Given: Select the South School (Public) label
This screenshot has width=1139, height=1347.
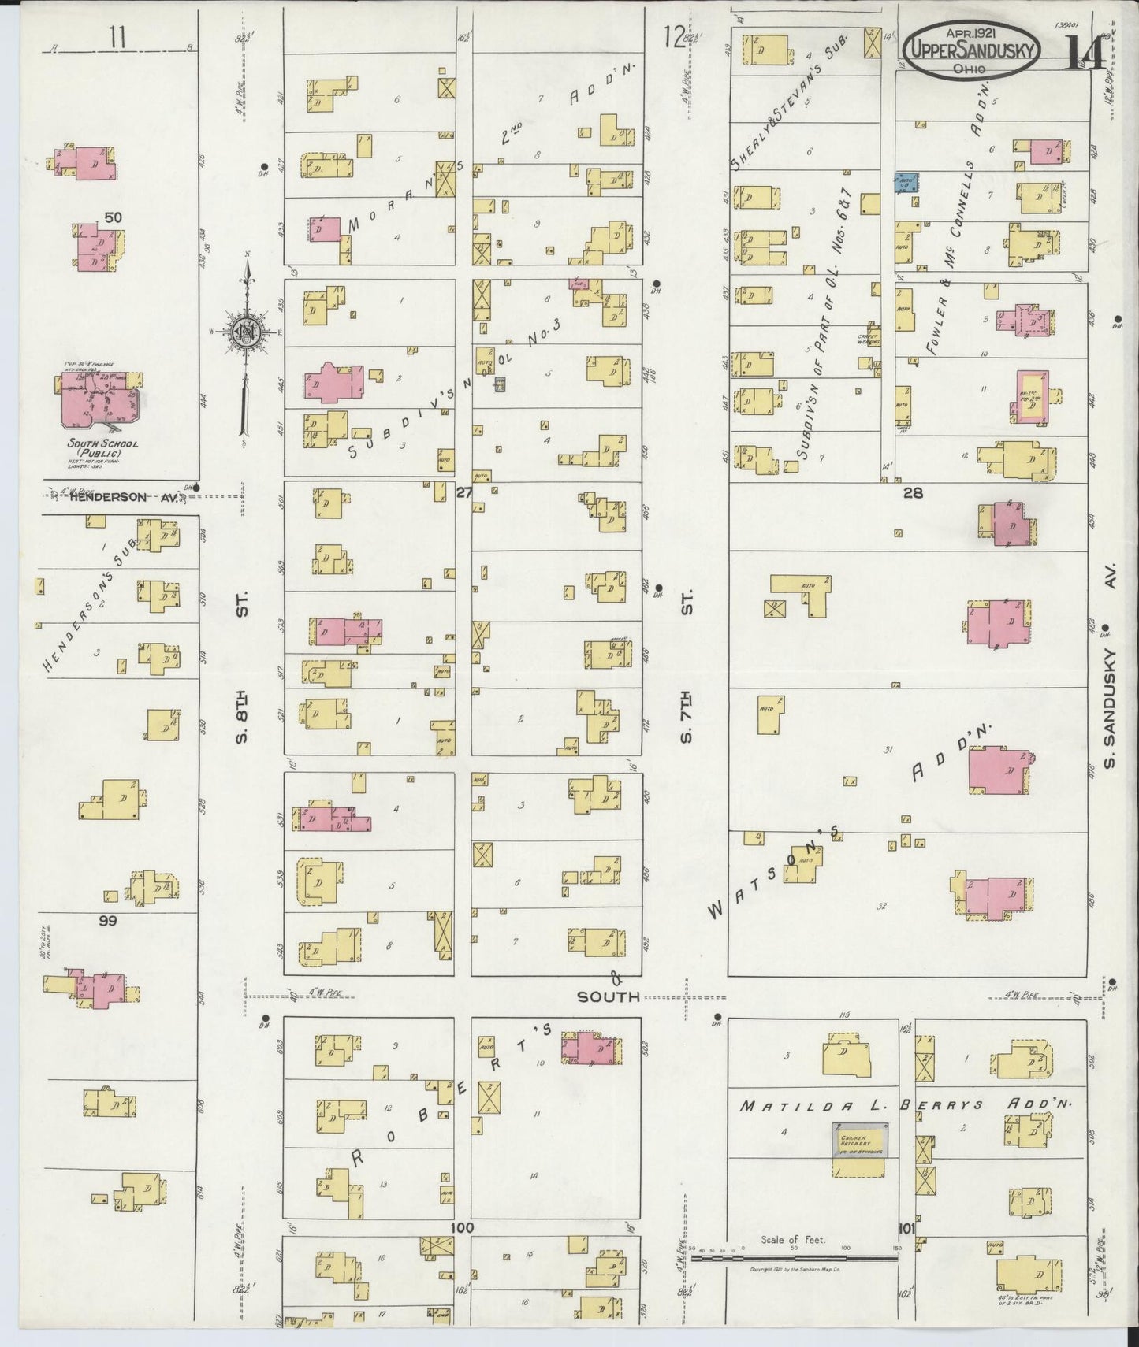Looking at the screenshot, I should pos(102,448).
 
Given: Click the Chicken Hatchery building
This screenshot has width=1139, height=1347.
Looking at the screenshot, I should pos(860,1140).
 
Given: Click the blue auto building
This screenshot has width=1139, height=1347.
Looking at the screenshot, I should pos(905,182).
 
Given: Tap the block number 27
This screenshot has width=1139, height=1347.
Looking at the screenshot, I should pos(463,493).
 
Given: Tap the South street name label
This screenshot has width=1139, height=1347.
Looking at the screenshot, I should pos(608,996).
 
